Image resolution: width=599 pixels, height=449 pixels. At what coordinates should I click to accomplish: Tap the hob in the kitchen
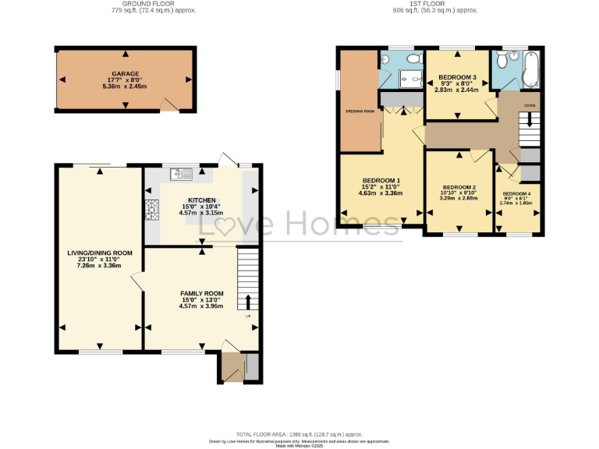pyautogui.click(x=151, y=208)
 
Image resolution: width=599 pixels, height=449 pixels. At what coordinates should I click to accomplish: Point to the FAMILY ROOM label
pyautogui.click(x=201, y=294)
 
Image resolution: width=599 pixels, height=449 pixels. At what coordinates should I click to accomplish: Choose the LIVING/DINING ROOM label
pyautogui.click(x=99, y=253)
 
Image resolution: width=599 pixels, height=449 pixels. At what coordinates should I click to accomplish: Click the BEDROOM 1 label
pyautogui.click(x=381, y=181)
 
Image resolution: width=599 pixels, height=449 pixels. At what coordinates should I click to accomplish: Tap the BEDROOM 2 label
pyautogui.click(x=459, y=188)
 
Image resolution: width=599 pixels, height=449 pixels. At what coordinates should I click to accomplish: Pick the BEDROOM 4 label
pyautogui.click(x=516, y=193)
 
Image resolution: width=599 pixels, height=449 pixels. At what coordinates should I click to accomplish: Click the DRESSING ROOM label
pyautogui.click(x=360, y=111)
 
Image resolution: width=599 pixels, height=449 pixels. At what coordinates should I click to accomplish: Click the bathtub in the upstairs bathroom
pyautogui.click(x=533, y=71)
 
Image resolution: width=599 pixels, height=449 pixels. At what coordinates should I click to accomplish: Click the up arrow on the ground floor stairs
pyautogui.click(x=249, y=302)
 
